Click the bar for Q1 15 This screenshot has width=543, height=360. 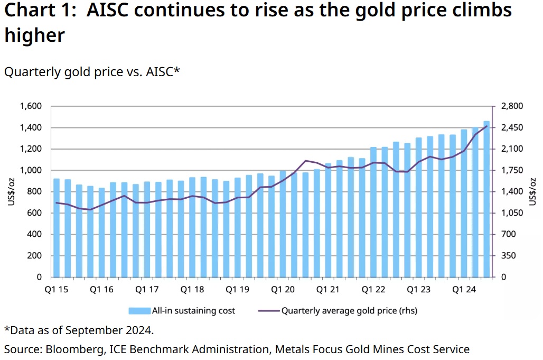[57, 228]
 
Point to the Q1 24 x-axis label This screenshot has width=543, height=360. [464, 290]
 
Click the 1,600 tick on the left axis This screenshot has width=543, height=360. [31, 106]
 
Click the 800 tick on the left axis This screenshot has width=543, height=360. [34, 192]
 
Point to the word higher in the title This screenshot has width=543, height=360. [35, 35]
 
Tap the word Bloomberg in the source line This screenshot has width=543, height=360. [70, 349]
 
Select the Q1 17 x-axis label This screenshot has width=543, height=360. [147, 290]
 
